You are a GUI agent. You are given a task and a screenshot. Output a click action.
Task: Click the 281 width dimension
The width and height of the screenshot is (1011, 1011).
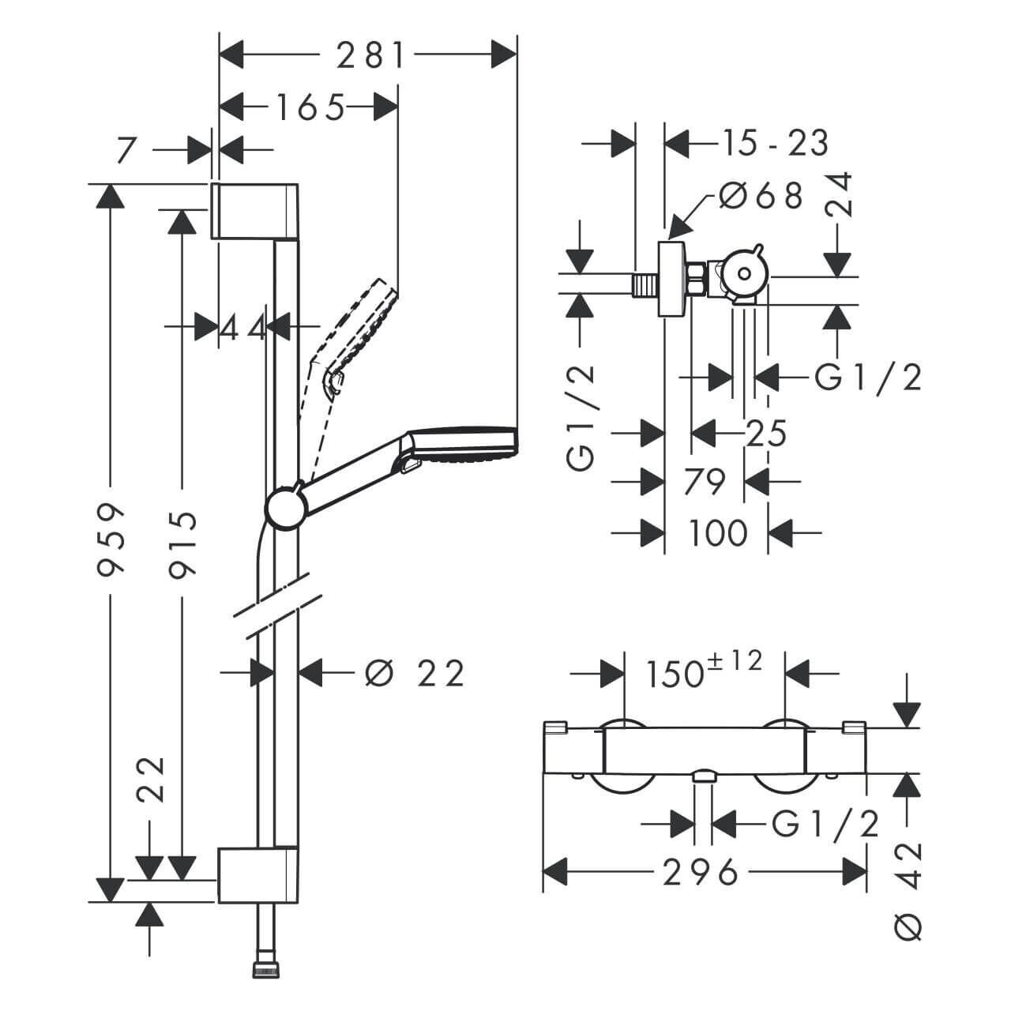(x=370, y=55)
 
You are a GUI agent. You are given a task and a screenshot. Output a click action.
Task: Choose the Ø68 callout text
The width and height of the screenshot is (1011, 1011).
(x=760, y=195)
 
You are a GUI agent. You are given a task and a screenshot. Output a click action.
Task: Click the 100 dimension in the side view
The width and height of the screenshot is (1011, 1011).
(x=717, y=533)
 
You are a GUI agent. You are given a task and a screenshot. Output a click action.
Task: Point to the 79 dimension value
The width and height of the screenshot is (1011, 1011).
(x=703, y=481)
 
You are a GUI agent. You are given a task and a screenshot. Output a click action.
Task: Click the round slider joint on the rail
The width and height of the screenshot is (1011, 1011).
(x=284, y=506)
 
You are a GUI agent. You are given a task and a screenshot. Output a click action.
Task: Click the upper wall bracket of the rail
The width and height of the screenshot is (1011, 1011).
(x=254, y=211)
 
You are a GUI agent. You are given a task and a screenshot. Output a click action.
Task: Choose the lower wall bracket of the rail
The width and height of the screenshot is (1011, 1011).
(x=257, y=875)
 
